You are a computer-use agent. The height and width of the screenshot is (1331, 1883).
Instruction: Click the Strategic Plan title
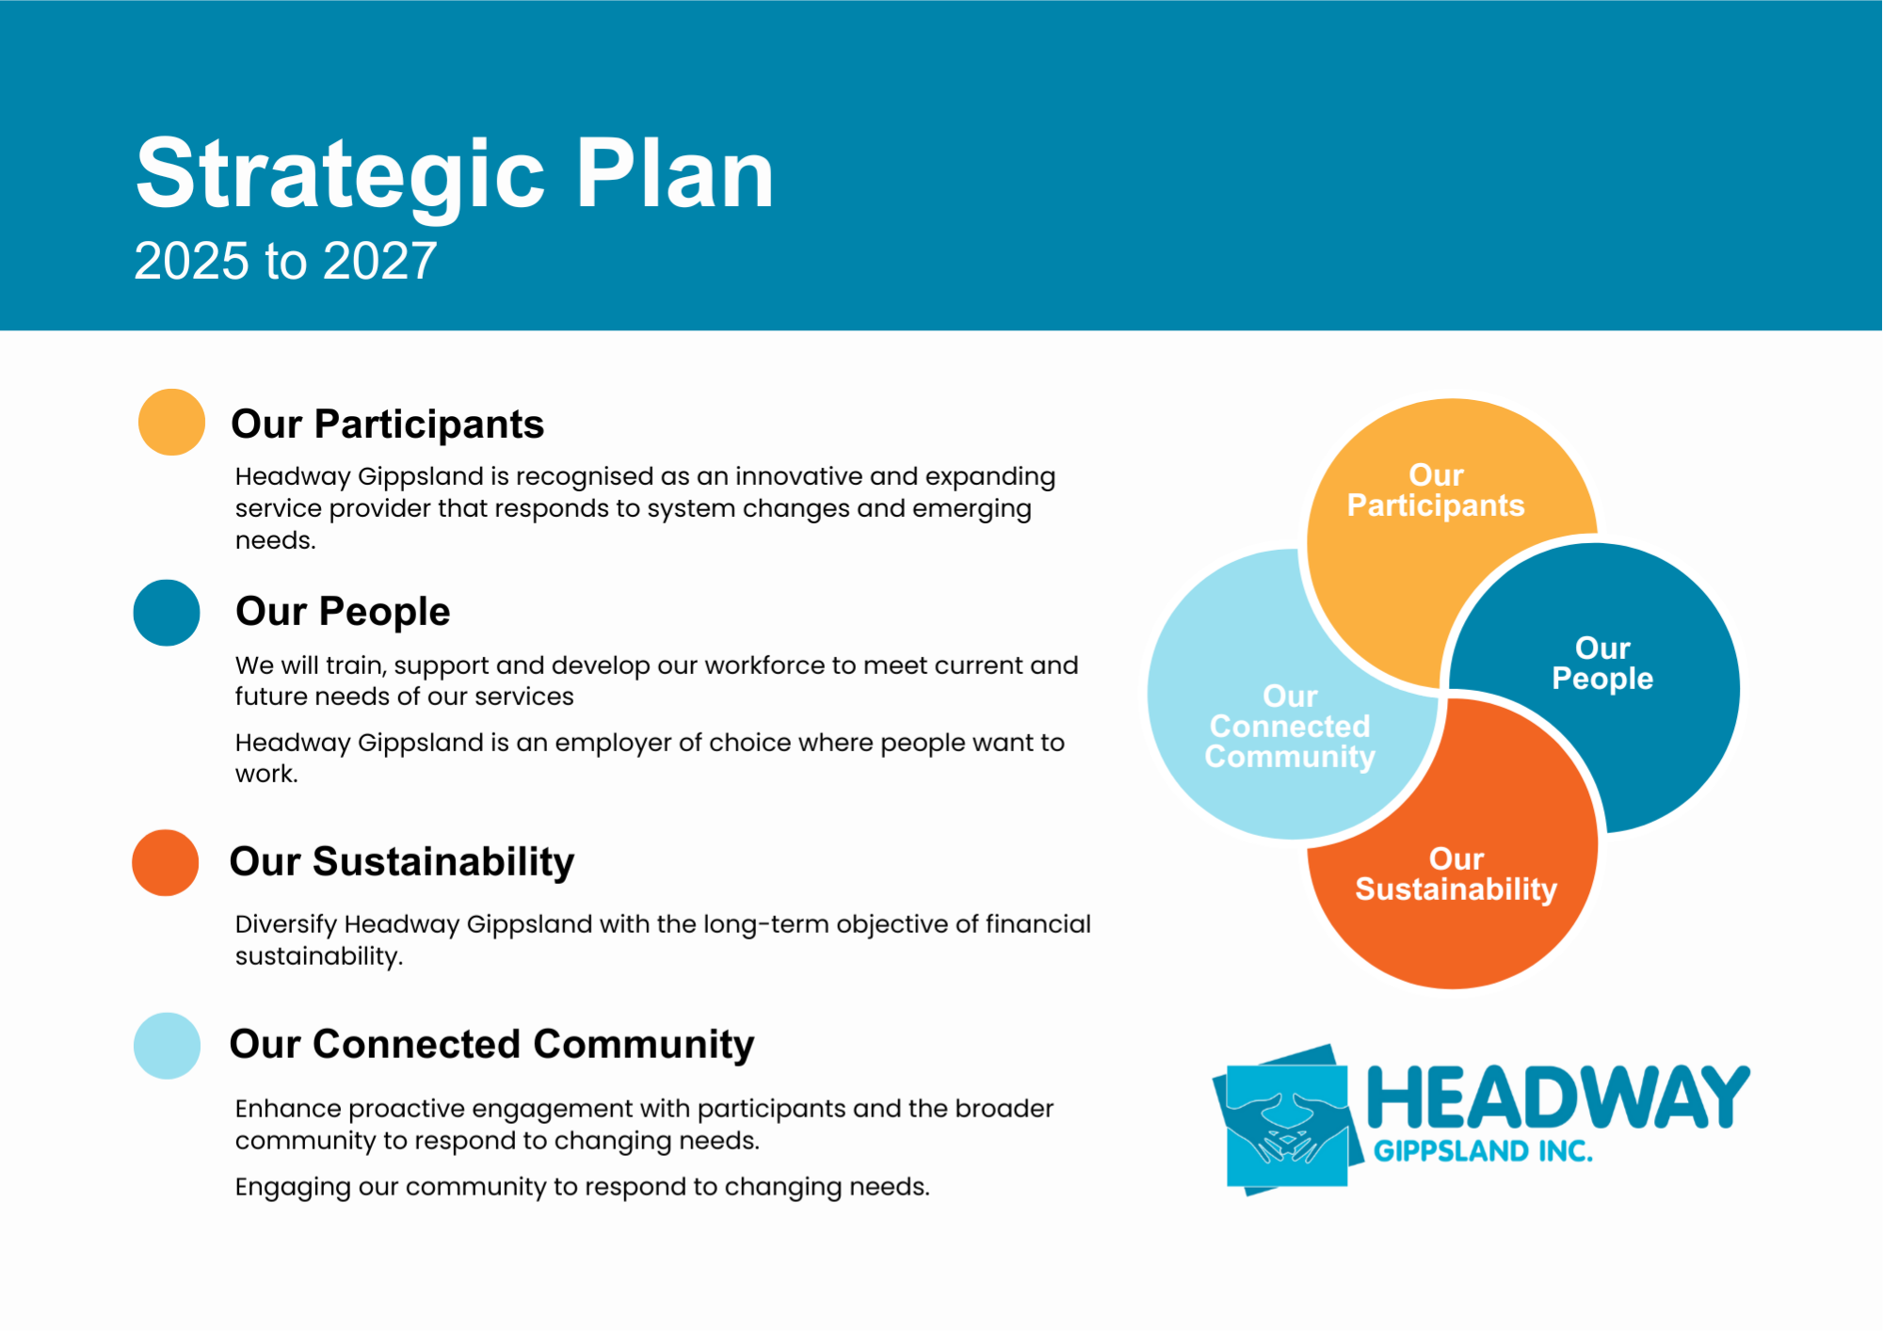click(x=455, y=176)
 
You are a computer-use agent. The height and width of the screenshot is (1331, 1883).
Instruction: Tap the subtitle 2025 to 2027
click(x=285, y=261)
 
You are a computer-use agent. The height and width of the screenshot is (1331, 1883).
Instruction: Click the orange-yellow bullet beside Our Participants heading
click(x=171, y=423)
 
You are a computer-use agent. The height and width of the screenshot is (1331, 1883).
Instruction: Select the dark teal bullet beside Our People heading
click(x=167, y=613)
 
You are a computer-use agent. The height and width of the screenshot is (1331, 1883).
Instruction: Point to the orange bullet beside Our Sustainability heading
click(x=166, y=862)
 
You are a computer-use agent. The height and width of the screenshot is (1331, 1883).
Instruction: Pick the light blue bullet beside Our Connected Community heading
click(x=167, y=1046)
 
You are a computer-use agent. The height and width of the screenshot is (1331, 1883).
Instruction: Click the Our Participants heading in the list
click(x=387, y=425)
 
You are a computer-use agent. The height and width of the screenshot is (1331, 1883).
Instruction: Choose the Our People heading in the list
click(x=343, y=612)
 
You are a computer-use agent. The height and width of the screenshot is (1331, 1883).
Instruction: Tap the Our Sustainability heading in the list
click(x=402, y=862)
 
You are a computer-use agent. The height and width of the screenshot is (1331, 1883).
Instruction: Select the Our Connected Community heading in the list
click(x=491, y=1045)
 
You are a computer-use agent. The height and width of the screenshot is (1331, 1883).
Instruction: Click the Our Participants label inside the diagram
click(x=1436, y=490)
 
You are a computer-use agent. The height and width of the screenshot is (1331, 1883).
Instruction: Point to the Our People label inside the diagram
click(x=1602, y=664)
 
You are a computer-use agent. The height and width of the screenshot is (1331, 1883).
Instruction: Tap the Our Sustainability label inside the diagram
click(x=1456, y=874)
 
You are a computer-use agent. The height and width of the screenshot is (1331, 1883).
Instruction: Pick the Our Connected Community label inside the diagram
click(x=1290, y=727)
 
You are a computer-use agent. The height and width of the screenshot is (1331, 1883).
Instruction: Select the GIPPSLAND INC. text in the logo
click(x=1484, y=1151)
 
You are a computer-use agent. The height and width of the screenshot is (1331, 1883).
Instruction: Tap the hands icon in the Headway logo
click(x=1286, y=1121)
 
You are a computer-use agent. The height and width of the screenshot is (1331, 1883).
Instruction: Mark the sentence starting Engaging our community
click(x=582, y=1187)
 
